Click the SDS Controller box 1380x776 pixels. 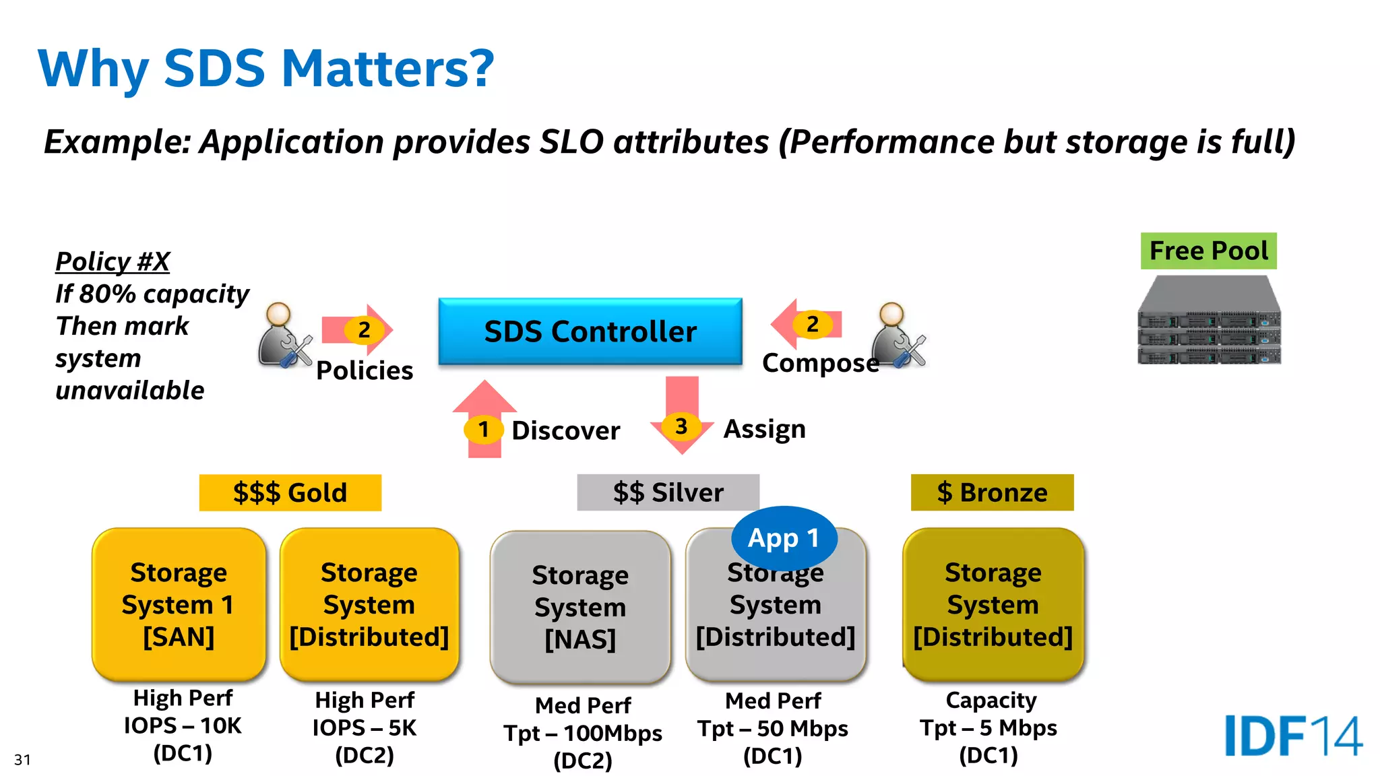(590, 331)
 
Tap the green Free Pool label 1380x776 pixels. (1208, 251)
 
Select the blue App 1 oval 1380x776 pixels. (783, 538)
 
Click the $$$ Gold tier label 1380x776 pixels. (290, 492)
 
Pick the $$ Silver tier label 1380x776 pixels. (668, 492)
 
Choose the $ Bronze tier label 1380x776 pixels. (992, 492)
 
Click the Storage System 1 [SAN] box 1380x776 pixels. (179, 604)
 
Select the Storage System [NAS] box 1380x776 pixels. (580, 607)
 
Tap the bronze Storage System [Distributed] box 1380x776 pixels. (993, 604)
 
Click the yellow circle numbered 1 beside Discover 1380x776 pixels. (483, 429)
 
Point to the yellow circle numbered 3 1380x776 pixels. (681, 426)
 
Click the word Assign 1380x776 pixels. (764, 429)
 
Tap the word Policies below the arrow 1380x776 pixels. (365, 370)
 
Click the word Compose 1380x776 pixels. (820, 363)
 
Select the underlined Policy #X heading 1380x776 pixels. (113, 261)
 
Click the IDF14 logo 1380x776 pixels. (1293, 736)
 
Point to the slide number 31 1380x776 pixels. (22, 760)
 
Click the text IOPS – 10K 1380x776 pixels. (183, 725)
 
